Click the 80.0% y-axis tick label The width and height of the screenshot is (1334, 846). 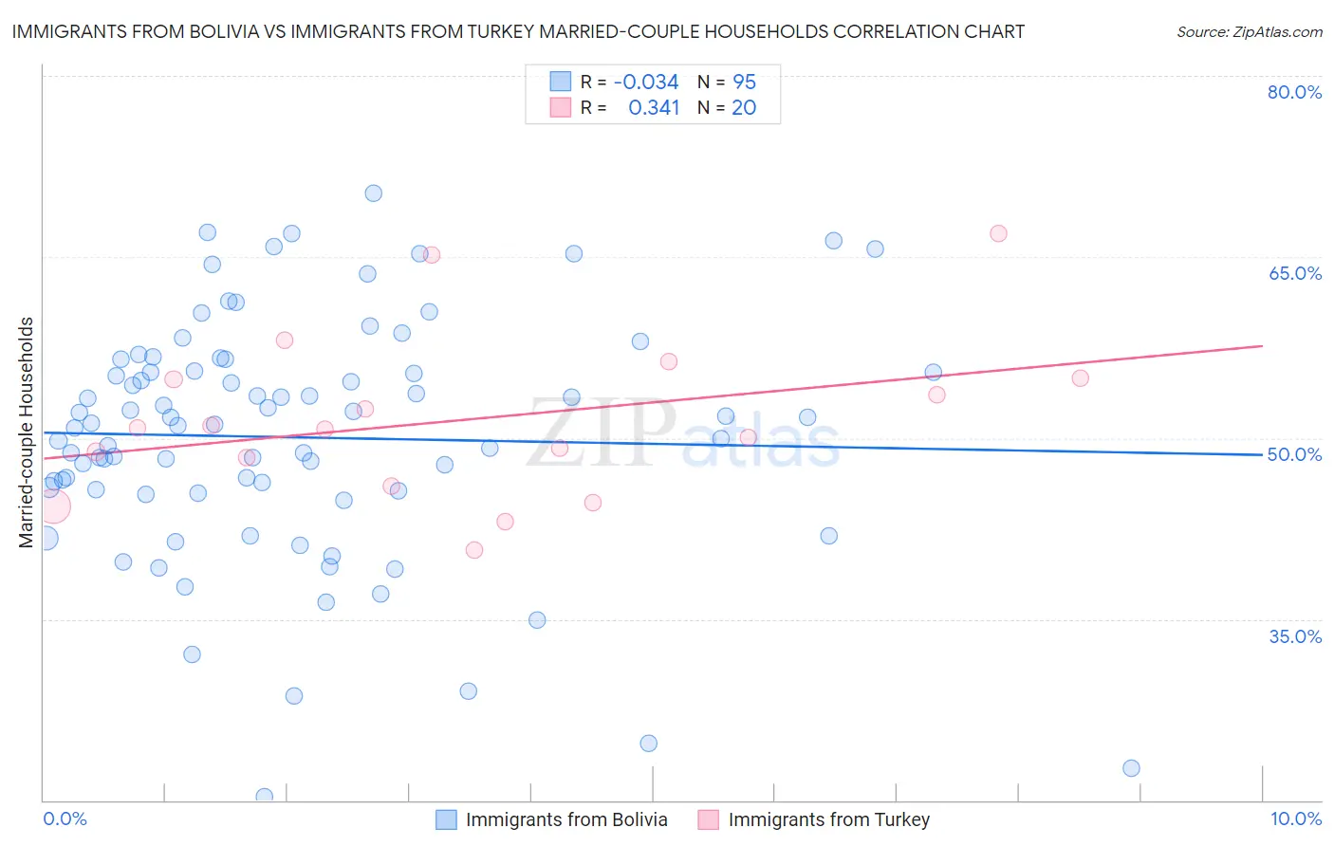click(1294, 92)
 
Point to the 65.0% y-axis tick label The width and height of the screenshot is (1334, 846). click(1294, 273)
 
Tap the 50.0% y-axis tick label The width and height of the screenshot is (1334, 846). click(1294, 454)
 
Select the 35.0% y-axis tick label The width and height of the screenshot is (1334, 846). click(1294, 636)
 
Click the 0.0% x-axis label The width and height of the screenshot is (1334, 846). click(65, 819)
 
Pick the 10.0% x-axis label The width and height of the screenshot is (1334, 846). click(1295, 819)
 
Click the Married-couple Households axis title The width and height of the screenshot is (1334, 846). click(27, 432)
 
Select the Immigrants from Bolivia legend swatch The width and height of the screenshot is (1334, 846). click(446, 819)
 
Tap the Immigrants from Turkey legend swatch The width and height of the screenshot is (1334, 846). click(708, 819)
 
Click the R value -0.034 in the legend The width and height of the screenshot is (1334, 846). click(646, 83)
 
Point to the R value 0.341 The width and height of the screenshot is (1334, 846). click(654, 108)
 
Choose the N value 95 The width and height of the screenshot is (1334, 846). click(744, 83)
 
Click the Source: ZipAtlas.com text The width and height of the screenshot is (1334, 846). click(1249, 32)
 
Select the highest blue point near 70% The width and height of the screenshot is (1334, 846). click(374, 193)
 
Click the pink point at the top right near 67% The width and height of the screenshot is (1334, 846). click(998, 233)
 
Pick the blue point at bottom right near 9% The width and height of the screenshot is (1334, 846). click(1131, 768)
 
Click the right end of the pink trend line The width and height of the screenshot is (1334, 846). click(1262, 346)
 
